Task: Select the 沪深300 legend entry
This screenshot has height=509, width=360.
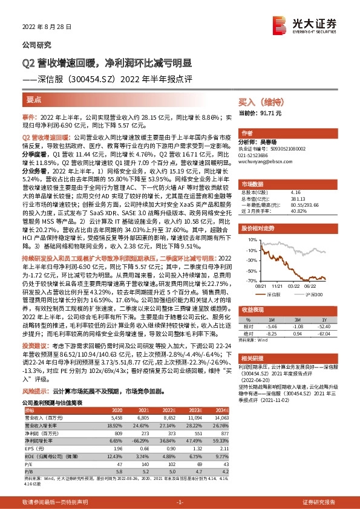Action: pos(313,293)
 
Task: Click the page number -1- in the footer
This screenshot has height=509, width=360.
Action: pos(180,502)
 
